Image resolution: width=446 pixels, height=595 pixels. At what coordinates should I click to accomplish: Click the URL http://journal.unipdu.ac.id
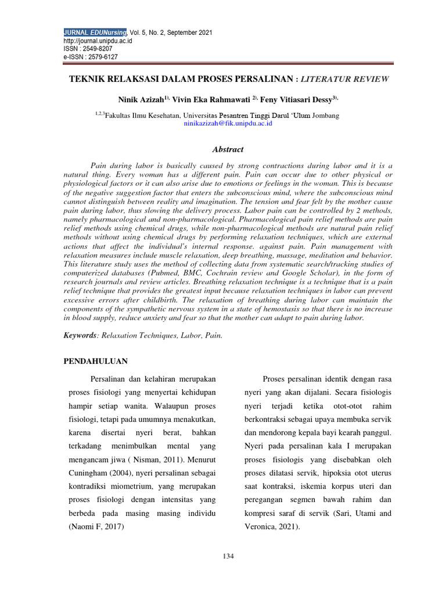98,41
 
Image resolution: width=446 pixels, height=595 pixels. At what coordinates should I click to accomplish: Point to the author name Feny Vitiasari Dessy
296,100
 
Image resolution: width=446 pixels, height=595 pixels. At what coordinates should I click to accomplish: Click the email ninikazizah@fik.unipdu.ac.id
228,124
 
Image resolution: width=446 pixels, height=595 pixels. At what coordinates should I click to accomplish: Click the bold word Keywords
78,335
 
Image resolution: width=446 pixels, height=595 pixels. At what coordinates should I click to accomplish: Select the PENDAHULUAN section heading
96,361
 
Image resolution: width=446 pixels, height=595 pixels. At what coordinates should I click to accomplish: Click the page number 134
228,557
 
